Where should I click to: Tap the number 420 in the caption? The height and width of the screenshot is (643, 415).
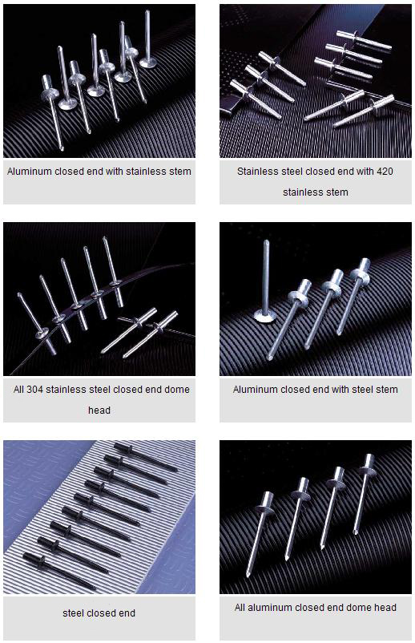point(385,172)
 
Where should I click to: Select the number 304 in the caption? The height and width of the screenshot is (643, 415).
point(34,390)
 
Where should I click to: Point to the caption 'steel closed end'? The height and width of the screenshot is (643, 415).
point(99,613)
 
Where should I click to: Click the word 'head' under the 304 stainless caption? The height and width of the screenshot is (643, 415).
point(99,410)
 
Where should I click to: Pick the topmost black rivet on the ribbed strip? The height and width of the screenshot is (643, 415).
point(145,457)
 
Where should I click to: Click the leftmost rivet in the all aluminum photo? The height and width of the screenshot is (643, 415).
point(260,533)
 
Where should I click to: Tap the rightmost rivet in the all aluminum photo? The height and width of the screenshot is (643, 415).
point(364,494)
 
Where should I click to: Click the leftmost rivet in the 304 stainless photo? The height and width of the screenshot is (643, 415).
point(37,324)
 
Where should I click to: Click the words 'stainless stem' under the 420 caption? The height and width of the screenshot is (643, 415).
point(316,192)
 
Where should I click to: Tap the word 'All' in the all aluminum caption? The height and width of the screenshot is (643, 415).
point(240,608)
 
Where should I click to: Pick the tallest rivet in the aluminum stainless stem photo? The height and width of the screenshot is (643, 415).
point(147,39)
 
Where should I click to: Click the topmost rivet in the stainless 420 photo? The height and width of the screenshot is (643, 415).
point(364,40)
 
